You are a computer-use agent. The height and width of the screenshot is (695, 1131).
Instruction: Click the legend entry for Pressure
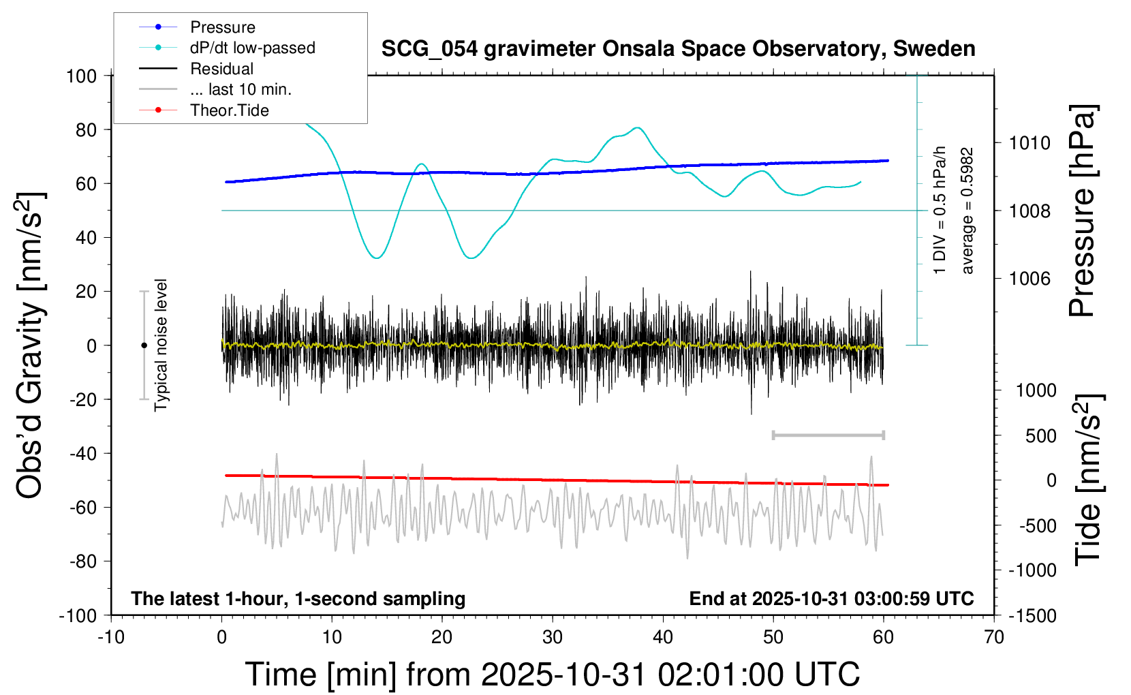pos(222,27)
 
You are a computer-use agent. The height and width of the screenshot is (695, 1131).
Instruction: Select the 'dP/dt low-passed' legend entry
pos(252,48)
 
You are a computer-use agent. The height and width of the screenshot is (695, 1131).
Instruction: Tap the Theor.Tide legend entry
pos(229,110)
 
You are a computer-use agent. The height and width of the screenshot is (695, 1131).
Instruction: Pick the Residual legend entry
pos(221,69)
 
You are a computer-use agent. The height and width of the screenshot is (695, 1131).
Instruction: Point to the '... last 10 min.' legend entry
pos(240,89)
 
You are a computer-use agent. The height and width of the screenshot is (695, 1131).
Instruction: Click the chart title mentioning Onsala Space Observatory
pos(678,49)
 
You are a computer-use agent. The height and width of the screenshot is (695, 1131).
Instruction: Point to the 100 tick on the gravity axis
pos(81,76)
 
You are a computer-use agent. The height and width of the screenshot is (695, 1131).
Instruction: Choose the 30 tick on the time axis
pos(553,637)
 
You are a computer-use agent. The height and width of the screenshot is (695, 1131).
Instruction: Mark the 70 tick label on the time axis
pos(994,637)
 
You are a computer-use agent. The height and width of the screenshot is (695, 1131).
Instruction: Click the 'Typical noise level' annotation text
pos(161,345)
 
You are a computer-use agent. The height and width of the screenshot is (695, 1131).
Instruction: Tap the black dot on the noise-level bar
pos(144,345)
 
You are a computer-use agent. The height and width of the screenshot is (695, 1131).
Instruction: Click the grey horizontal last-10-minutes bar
pos(828,435)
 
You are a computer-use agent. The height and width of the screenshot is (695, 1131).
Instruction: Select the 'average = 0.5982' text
pos(967,211)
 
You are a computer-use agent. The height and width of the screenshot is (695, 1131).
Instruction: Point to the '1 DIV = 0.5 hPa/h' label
pos(940,210)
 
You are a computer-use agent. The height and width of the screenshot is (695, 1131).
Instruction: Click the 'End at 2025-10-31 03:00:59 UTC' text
pos(831,599)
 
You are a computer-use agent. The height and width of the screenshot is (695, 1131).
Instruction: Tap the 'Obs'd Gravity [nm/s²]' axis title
pos(31,345)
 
